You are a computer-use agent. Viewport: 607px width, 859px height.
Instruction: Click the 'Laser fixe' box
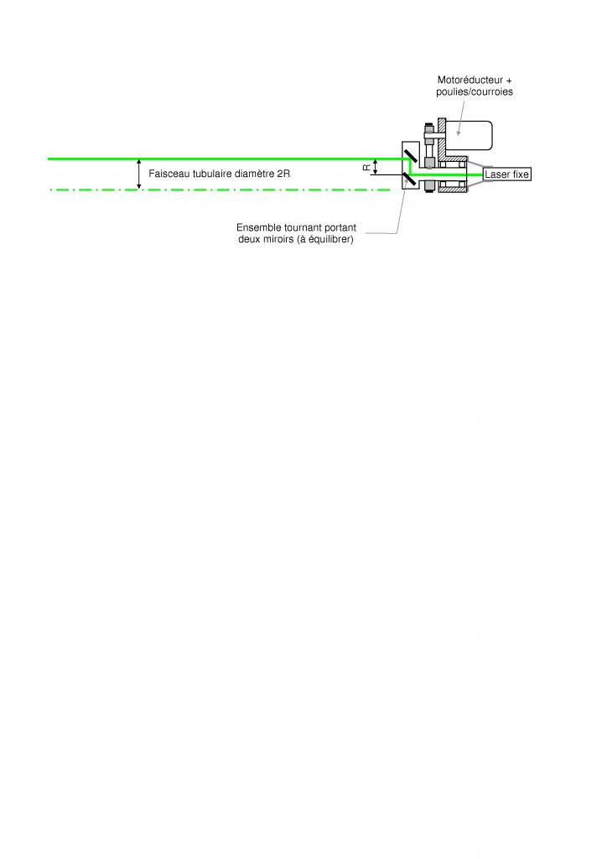coord(507,174)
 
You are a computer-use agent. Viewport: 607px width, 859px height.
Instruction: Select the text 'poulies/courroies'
coord(475,92)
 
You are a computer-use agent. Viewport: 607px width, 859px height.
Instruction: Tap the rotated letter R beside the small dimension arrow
coord(366,167)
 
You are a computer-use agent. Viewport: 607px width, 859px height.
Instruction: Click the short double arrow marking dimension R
coord(376,167)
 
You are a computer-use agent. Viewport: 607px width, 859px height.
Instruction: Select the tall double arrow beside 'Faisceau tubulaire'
coord(139,174)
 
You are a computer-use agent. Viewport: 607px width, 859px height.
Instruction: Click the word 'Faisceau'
coord(168,174)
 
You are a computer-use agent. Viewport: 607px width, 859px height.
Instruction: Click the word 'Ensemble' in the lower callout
coord(259,227)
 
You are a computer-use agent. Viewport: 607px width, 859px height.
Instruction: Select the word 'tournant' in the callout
coord(304,227)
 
